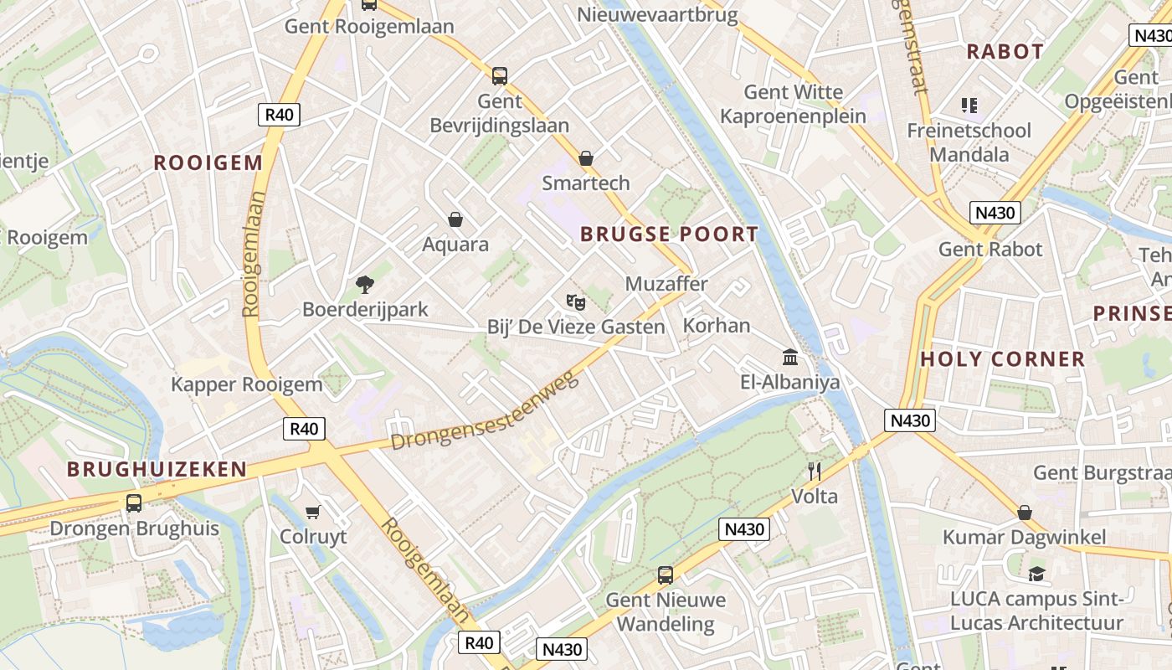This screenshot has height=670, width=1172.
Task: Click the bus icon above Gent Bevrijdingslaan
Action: pyautogui.click(x=500, y=76)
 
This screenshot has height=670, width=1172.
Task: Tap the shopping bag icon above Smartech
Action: pyautogui.click(x=586, y=158)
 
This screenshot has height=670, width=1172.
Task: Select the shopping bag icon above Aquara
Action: pyautogui.click(x=455, y=220)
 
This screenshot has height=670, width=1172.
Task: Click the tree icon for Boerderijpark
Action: pyautogui.click(x=364, y=285)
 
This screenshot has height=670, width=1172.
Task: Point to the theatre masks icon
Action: pyautogui.click(x=574, y=301)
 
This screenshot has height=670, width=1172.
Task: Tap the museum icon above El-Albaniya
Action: pyautogui.click(x=789, y=358)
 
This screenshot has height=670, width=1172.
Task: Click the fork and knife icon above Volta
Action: pyautogui.click(x=814, y=472)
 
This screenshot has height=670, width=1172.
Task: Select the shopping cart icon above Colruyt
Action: pyautogui.click(x=313, y=512)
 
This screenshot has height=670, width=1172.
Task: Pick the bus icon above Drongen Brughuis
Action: pyautogui.click(x=134, y=503)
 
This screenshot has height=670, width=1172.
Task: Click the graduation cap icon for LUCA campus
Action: pyautogui.click(x=1037, y=575)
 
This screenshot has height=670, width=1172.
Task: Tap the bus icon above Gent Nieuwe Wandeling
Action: pyautogui.click(x=666, y=575)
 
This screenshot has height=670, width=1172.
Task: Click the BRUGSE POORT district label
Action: pyautogui.click(x=669, y=234)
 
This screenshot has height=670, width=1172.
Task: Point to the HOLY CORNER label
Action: pyautogui.click(x=1002, y=359)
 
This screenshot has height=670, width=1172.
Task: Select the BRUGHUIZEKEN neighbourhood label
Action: pyautogui.click(x=157, y=469)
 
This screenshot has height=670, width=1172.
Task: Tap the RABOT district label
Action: pyautogui.click(x=1005, y=52)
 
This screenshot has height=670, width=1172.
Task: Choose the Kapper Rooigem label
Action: pyautogui.click(x=246, y=384)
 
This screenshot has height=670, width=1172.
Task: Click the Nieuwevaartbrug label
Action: pyautogui.click(x=657, y=14)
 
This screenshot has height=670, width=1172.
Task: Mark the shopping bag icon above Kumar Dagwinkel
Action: pyautogui.click(x=1025, y=513)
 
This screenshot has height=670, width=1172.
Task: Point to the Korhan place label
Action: pyautogui.click(x=717, y=325)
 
